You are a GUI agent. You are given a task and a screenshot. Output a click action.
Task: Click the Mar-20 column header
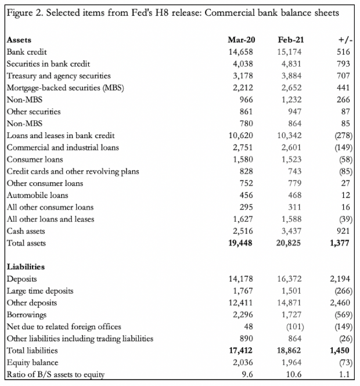pyautogui.click(x=242, y=40)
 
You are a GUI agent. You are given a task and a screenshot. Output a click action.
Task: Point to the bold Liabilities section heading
pyautogui.click(x=26, y=267)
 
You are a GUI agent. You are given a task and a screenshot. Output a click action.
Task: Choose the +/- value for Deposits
pyautogui.click(x=337, y=279)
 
